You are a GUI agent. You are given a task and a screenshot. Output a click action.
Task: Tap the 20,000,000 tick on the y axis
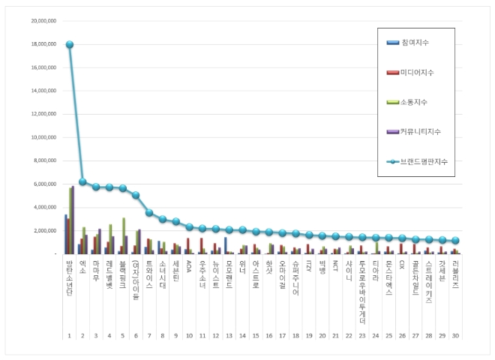click(43, 21)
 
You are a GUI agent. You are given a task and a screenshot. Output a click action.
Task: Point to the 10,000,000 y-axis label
click(43, 137)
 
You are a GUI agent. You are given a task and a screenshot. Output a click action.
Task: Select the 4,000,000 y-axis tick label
click(45, 207)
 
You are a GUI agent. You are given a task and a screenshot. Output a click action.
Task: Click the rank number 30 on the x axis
click(455, 335)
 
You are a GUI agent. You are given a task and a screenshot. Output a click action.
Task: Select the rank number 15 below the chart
click(256, 335)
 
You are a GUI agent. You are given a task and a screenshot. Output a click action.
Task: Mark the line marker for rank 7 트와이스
click(149, 212)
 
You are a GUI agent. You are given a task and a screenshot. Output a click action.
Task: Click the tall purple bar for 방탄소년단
click(73, 220)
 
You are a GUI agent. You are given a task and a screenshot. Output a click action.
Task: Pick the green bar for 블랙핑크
click(123, 235)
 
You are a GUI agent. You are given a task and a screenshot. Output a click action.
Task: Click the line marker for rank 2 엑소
click(82, 181)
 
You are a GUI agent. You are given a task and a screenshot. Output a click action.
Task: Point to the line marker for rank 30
click(455, 241)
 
